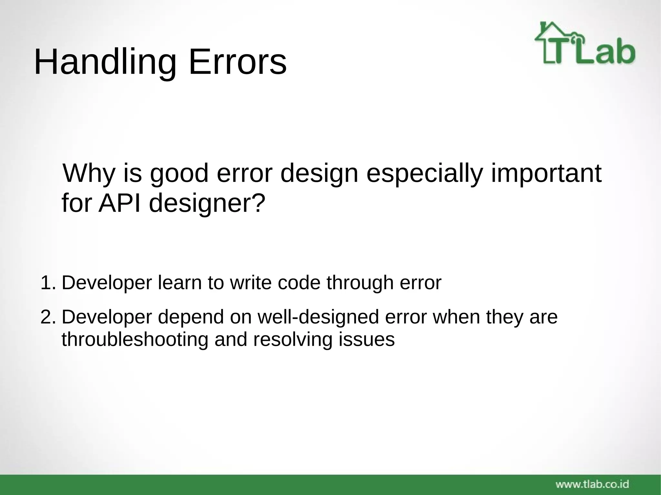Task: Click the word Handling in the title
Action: click(x=105, y=62)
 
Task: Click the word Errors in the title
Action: click(x=238, y=62)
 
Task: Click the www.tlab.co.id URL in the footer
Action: click(x=592, y=484)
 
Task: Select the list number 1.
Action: click(x=48, y=283)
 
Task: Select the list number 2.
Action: click(x=48, y=317)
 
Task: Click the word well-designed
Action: click(x=318, y=317)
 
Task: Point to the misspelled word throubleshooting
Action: click(x=135, y=340)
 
